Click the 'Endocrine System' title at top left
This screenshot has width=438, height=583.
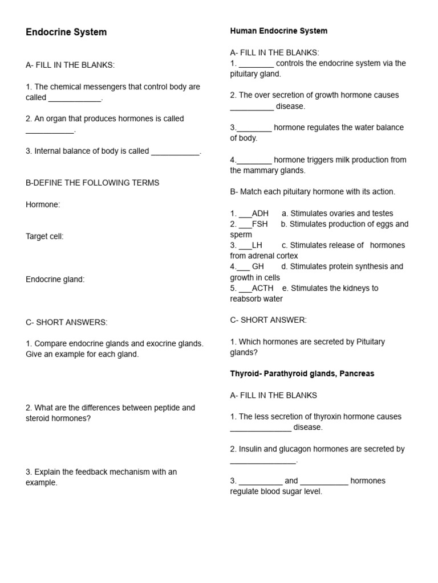point(66,32)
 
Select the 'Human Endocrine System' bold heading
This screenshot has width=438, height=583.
point(278,31)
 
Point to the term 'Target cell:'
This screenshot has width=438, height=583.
point(44,236)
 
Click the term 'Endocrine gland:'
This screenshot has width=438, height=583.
point(55,279)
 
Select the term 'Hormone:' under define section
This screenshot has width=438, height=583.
point(43,204)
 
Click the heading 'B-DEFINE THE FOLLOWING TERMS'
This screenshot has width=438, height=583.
point(92,183)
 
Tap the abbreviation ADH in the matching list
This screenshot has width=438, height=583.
point(260,214)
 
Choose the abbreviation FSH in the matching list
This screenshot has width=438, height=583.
point(259,224)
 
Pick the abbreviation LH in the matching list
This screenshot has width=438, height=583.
point(257,245)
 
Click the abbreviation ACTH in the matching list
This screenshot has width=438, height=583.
point(262,288)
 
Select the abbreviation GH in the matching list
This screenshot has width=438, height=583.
point(258,266)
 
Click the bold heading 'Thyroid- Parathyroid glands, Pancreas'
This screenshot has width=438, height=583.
point(302,373)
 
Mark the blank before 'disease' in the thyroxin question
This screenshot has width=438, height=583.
point(261,428)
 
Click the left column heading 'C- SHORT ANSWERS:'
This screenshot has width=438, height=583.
point(66,322)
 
